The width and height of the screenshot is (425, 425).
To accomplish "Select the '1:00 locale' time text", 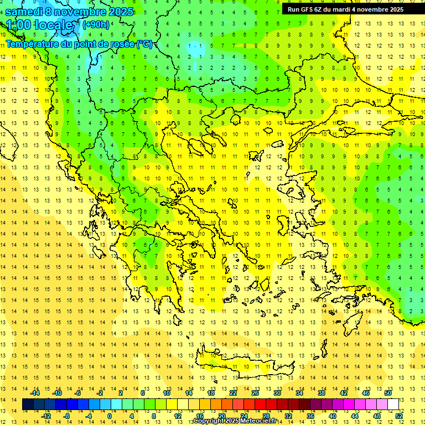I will coord(40,25).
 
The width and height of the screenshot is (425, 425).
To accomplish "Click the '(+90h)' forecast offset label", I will coord(96,24).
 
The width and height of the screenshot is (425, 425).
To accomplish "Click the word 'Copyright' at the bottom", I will coord(209,421).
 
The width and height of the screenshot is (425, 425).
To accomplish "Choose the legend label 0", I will coord(109,416).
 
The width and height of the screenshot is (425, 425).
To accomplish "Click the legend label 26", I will coord(255,393).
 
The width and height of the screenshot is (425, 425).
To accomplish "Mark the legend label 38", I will coord(322,393).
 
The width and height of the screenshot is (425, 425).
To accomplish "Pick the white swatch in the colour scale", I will coord(393,405).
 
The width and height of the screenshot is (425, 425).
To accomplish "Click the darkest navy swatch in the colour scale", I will coord(28,405).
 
